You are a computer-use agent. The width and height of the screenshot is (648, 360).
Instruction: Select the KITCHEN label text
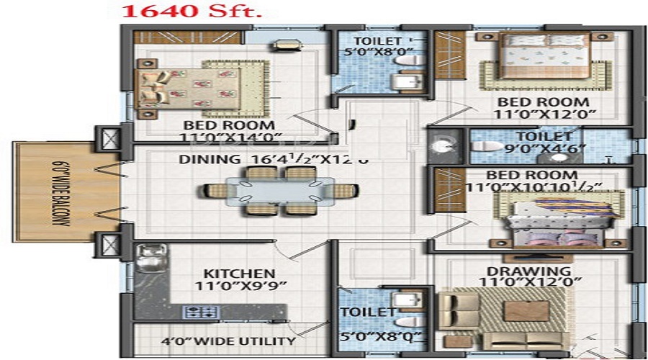click(238, 274)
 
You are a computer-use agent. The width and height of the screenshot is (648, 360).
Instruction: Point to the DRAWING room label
click(528, 271)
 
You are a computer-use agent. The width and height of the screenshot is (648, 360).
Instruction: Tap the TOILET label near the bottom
click(368, 312)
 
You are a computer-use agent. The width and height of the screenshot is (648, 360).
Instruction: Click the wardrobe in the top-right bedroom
click(450, 64)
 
